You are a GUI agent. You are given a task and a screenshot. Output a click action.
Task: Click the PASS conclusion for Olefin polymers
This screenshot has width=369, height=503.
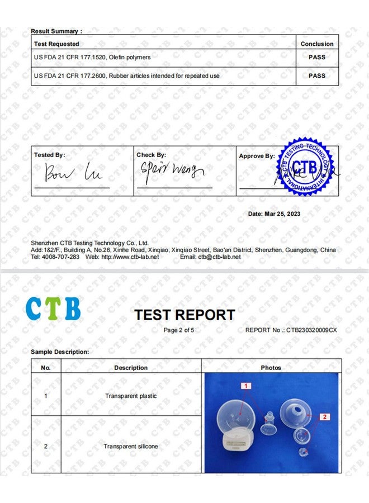tap(317, 57)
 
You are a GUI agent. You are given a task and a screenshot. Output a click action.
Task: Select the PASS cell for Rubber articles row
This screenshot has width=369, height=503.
tap(317, 75)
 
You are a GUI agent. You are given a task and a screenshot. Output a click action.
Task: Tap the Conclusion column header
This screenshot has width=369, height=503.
tap(317, 44)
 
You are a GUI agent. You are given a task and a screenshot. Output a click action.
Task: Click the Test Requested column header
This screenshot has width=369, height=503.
tap(56, 44)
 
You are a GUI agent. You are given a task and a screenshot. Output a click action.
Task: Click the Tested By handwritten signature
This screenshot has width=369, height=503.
tap(73, 173)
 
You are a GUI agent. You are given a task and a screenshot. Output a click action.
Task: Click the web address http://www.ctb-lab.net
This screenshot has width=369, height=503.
tap(130, 257)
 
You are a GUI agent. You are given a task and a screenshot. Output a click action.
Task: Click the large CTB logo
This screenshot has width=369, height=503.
tap(53, 309)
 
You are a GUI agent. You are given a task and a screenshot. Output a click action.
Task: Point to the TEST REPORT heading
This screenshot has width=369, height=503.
tap(184, 315)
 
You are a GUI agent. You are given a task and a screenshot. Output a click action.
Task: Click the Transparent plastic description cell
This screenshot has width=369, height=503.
tap(131, 396)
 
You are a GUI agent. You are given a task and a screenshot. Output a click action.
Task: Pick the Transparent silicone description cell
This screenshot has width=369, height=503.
tap(131, 447)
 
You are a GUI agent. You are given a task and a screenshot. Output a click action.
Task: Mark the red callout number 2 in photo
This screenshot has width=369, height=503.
tap(324, 416)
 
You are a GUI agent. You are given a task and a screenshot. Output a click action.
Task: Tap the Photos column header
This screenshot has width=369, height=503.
tap(271, 368)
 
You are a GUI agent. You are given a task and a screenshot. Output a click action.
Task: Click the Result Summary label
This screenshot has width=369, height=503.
tap(56, 31)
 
